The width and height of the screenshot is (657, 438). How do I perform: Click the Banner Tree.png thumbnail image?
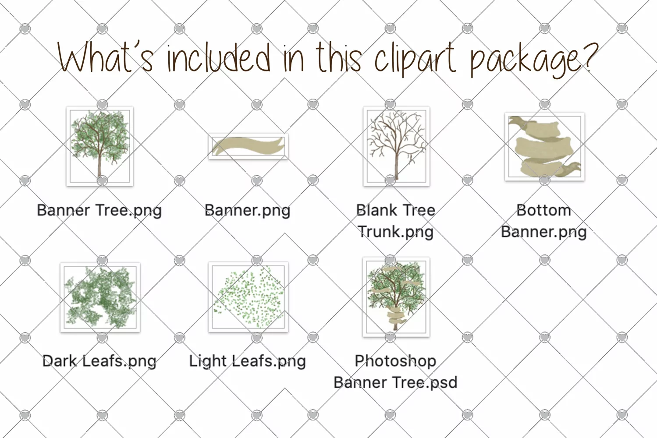click(100, 146)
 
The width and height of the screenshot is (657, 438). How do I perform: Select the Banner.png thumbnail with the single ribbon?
click(248, 146)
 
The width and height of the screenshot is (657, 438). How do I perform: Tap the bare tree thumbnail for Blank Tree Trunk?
click(397, 146)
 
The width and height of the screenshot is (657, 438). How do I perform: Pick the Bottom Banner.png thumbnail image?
click(545, 146)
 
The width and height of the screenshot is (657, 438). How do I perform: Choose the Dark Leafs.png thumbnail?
click(100, 297)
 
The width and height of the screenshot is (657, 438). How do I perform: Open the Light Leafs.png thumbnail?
click(248, 297)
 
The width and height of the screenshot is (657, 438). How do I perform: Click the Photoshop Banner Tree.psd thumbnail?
click(396, 297)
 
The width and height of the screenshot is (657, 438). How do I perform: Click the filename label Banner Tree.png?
click(99, 211)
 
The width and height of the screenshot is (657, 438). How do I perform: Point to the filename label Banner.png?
click(247, 211)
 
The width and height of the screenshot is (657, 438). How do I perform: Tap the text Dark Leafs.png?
click(99, 361)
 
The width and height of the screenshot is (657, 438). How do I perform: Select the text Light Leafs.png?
click(247, 361)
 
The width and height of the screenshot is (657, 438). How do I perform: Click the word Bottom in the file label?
click(544, 210)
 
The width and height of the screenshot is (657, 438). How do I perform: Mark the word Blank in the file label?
click(375, 210)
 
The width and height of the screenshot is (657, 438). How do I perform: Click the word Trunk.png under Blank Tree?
click(396, 232)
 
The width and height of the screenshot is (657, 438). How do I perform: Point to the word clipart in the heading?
click(416, 59)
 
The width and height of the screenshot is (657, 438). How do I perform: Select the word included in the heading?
click(219, 57)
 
